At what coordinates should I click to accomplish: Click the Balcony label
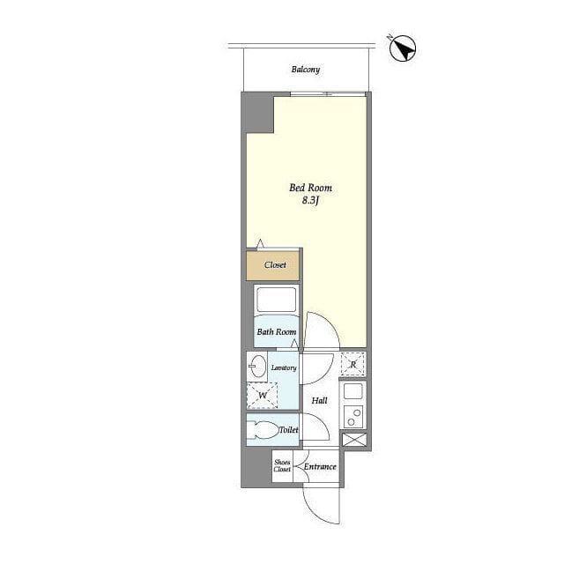point(306,70)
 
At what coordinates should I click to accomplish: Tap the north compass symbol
point(403,48)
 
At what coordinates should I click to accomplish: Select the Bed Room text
point(311,188)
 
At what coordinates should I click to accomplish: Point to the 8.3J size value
point(310,200)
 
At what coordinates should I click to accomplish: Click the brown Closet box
point(272,265)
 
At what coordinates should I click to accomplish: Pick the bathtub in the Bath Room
point(276,299)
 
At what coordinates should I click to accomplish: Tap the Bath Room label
point(277,331)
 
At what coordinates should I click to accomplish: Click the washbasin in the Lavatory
point(256,367)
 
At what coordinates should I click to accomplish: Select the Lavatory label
point(284,367)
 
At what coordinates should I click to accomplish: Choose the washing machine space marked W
point(263,396)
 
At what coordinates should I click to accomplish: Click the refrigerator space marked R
point(352,364)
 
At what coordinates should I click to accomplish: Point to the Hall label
point(319,400)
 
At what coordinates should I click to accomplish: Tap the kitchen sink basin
point(352,391)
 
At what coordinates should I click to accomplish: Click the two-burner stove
point(352,417)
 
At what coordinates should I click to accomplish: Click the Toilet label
point(289,430)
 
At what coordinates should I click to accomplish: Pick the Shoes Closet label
point(282,466)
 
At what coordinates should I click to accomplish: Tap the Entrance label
point(320,467)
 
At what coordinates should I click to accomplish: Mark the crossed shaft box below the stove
point(354,440)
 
